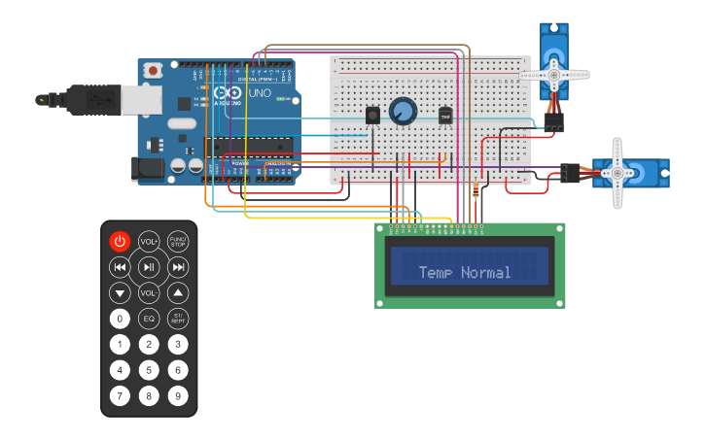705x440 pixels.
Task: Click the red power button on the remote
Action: click(120, 241)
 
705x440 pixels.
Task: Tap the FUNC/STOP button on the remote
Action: click(178, 241)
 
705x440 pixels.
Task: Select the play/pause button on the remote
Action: click(149, 267)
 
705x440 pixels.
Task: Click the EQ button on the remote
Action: click(149, 319)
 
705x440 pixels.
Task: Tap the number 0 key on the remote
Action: click(120, 319)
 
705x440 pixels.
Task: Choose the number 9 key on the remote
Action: click(178, 395)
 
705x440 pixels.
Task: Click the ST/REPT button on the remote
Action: click(178, 319)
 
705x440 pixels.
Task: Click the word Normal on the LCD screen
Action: click(486, 273)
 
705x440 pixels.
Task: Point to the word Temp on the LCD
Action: click(438, 273)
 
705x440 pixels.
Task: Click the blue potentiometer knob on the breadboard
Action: click(403, 112)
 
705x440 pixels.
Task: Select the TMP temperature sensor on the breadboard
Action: click(446, 116)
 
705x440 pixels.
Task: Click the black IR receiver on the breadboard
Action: click(372, 116)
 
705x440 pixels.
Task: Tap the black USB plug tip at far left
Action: click(42, 99)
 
